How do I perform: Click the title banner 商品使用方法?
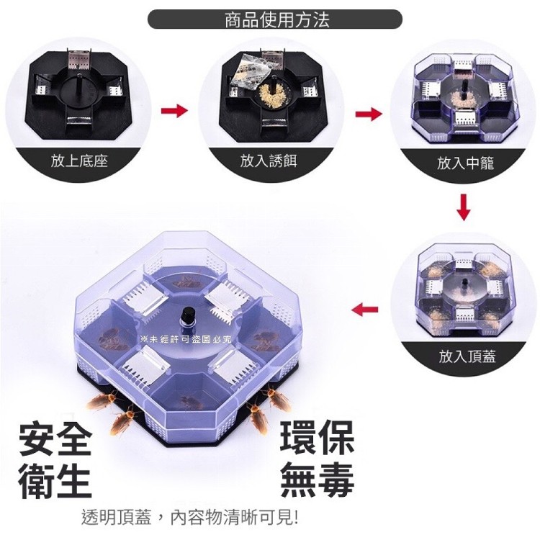(x=275, y=19)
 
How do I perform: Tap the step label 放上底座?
(x=79, y=161)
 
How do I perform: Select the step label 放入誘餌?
(x=269, y=161)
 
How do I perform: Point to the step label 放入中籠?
(x=465, y=163)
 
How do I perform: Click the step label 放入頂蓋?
(x=467, y=356)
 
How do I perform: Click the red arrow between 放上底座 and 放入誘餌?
(x=174, y=111)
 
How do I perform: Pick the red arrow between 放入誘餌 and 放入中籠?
(x=369, y=114)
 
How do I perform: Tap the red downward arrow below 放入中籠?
(x=464, y=207)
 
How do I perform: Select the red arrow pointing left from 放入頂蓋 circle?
(x=365, y=309)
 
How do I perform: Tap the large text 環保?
(x=318, y=438)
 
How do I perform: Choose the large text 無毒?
(x=318, y=480)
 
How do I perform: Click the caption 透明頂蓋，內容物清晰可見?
(x=190, y=517)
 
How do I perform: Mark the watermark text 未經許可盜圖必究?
(x=186, y=340)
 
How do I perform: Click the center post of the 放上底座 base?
(x=79, y=81)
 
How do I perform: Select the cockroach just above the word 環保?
(x=256, y=418)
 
